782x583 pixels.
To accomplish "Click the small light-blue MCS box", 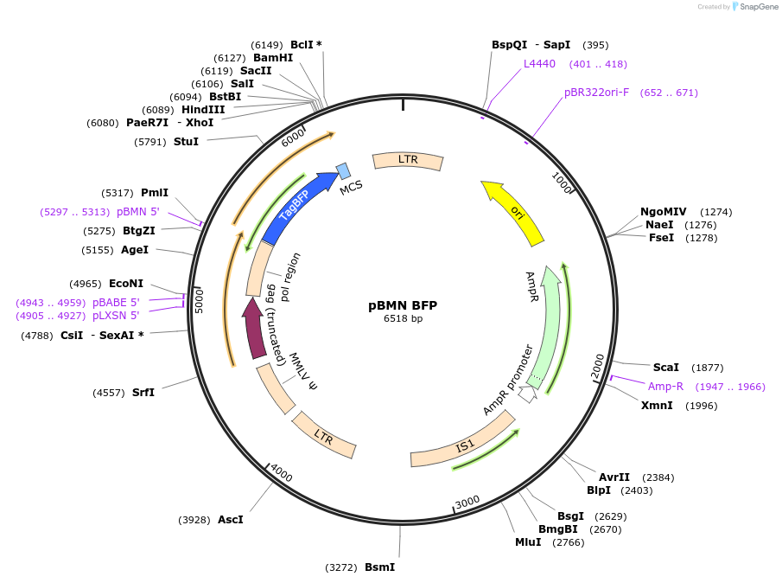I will tap(343, 170).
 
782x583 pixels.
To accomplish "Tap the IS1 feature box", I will tap(463, 446).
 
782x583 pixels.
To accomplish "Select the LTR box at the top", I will tap(408, 161).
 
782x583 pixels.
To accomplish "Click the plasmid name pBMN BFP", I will tap(403, 305).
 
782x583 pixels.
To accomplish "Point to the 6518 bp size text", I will tap(403, 318).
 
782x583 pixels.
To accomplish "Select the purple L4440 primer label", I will tap(540, 64).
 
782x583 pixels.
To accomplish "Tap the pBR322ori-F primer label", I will tap(597, 93).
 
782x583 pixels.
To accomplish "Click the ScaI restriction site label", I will tap(666, 368).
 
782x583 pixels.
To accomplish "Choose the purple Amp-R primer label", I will tap(665, 387).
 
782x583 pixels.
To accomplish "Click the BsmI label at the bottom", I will tap(379, 567).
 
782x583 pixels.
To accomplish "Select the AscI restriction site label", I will tap(230, 520).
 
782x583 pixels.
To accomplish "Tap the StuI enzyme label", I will tap(186, 141).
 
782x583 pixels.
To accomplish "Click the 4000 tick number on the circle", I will tap(283, 472).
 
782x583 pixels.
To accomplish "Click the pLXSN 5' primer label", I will tap(116, 316).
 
